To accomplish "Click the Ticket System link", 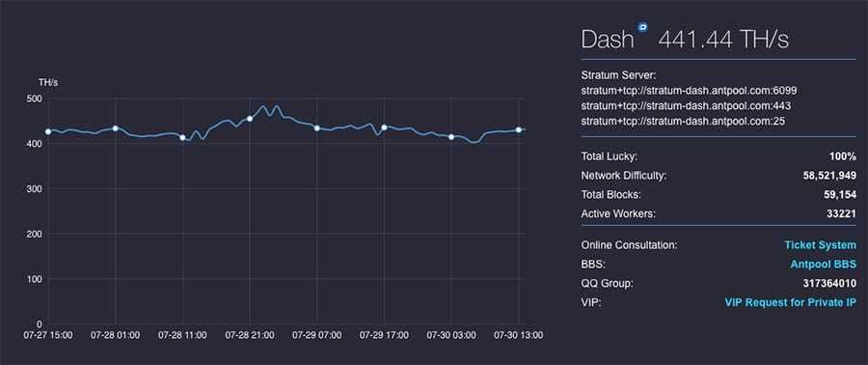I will coord(820,245).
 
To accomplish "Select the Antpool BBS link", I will coord(823,265).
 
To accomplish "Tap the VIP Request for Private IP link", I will coord(790,302).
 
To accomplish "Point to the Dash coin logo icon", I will coord(642,28).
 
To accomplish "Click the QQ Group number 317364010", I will coord(827,284).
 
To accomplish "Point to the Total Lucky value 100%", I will coord(842,156).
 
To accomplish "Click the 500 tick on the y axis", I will coord(34,98).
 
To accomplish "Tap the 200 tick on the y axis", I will coord(34,234).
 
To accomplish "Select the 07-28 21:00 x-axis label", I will coord(250,335).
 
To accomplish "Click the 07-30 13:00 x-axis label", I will coord(519,335).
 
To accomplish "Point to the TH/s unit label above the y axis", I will coord(48,81).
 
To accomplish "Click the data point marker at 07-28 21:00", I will coord(250,119).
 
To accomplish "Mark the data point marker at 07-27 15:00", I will coord(48,131).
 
